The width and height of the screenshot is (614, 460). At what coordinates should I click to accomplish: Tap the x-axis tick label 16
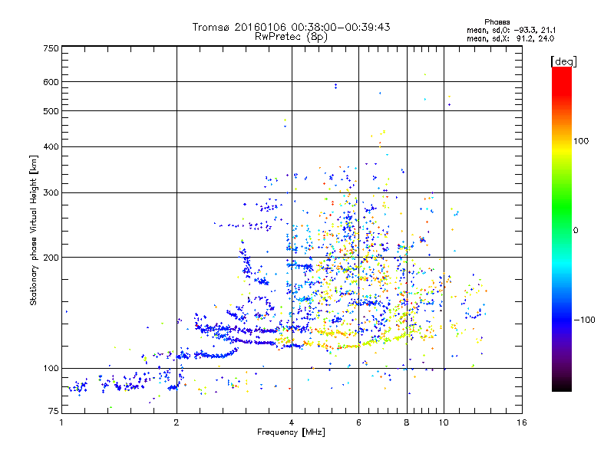pos(520,422)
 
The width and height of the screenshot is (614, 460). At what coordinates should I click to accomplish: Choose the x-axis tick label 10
pos(443,422)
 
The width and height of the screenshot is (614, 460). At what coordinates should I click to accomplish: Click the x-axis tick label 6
pos(358,422)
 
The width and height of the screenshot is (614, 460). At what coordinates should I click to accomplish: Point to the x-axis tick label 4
pos(292,422)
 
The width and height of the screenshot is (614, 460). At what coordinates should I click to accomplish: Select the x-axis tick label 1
pos(62,422)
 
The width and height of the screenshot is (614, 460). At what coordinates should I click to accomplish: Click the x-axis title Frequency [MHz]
pos(291,432)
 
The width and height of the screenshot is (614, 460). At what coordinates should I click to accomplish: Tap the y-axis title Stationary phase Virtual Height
pos(34,230)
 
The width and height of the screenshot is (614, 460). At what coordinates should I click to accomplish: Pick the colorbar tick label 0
pos(576,230)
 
